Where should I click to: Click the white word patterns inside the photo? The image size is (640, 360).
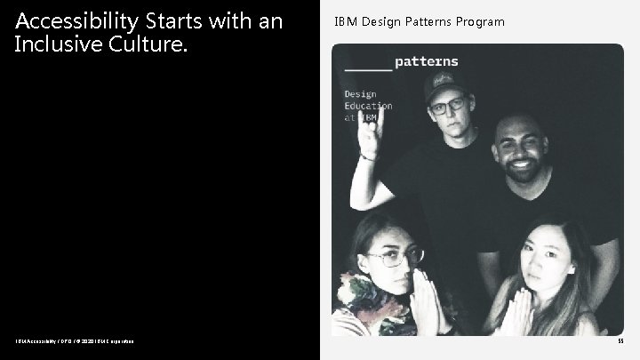click(x=426, y=61)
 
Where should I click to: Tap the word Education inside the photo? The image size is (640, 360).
click(x=368, y=106)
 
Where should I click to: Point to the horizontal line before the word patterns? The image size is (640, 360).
click(x=367, y=67)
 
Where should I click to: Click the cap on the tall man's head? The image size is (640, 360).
click(x=448, y=84)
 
